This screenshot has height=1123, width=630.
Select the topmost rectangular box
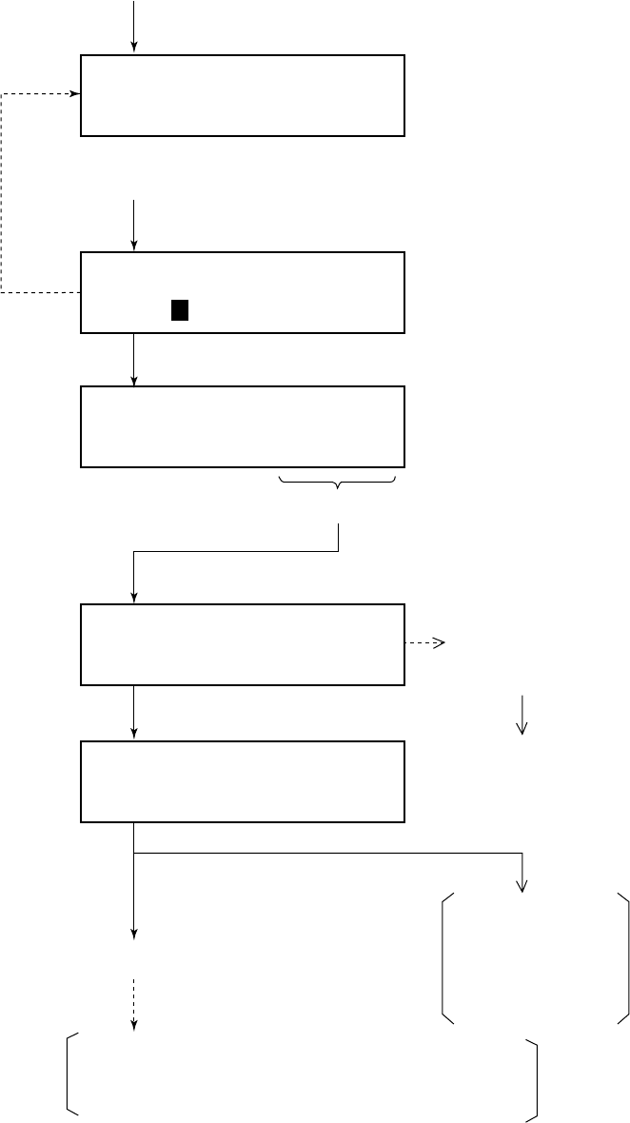click(x=243, y=95)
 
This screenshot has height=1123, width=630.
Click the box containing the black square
click(x=243, y=292)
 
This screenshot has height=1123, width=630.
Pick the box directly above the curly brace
click(x=243, y=426)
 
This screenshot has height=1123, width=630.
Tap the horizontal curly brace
click(x=338, y=485)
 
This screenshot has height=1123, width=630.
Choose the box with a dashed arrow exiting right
click(x=243, y=643)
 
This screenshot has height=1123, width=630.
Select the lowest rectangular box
click(x=243, y=781)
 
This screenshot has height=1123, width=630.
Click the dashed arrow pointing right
click(x=425, y=643)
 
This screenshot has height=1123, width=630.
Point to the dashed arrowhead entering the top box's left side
click(x=75, y=94)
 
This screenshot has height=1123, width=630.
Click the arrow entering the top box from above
click(x=134, y=27)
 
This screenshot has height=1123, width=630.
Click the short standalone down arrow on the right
click(x=522, y=715)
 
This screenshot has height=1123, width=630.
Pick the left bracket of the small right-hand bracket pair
click(x=446, y=958)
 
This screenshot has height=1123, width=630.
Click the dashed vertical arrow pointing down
click(x=134, y=1004)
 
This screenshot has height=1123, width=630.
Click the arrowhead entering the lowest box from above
click(x=134, y=734)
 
